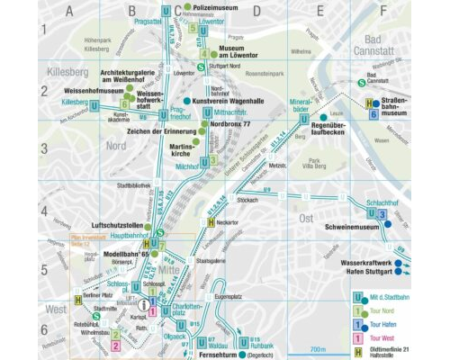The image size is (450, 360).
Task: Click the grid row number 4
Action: point(42,211)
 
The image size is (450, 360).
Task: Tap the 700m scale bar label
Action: point(316,348)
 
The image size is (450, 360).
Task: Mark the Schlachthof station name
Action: point(373,202)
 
